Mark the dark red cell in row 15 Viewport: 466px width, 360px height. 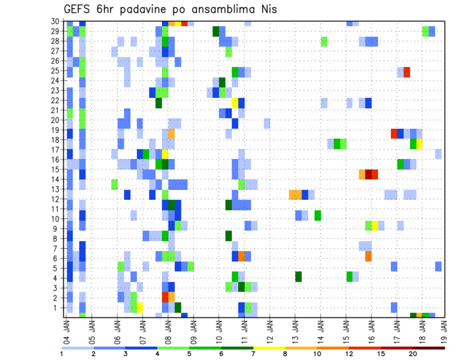click(x=368, y=174)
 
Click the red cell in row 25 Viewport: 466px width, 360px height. click(x=407, y=72)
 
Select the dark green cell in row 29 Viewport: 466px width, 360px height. click(x=216, y=31)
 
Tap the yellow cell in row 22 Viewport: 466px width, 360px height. click(x=235, y=103)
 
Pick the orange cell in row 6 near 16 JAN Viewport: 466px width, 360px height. click(x=368, y=256)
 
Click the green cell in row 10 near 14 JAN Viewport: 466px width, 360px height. click(x=317, y=215)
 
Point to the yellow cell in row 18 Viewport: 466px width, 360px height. click(x=419, y=144)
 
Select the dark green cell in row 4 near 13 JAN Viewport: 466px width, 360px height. click(x=299, y=277)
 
